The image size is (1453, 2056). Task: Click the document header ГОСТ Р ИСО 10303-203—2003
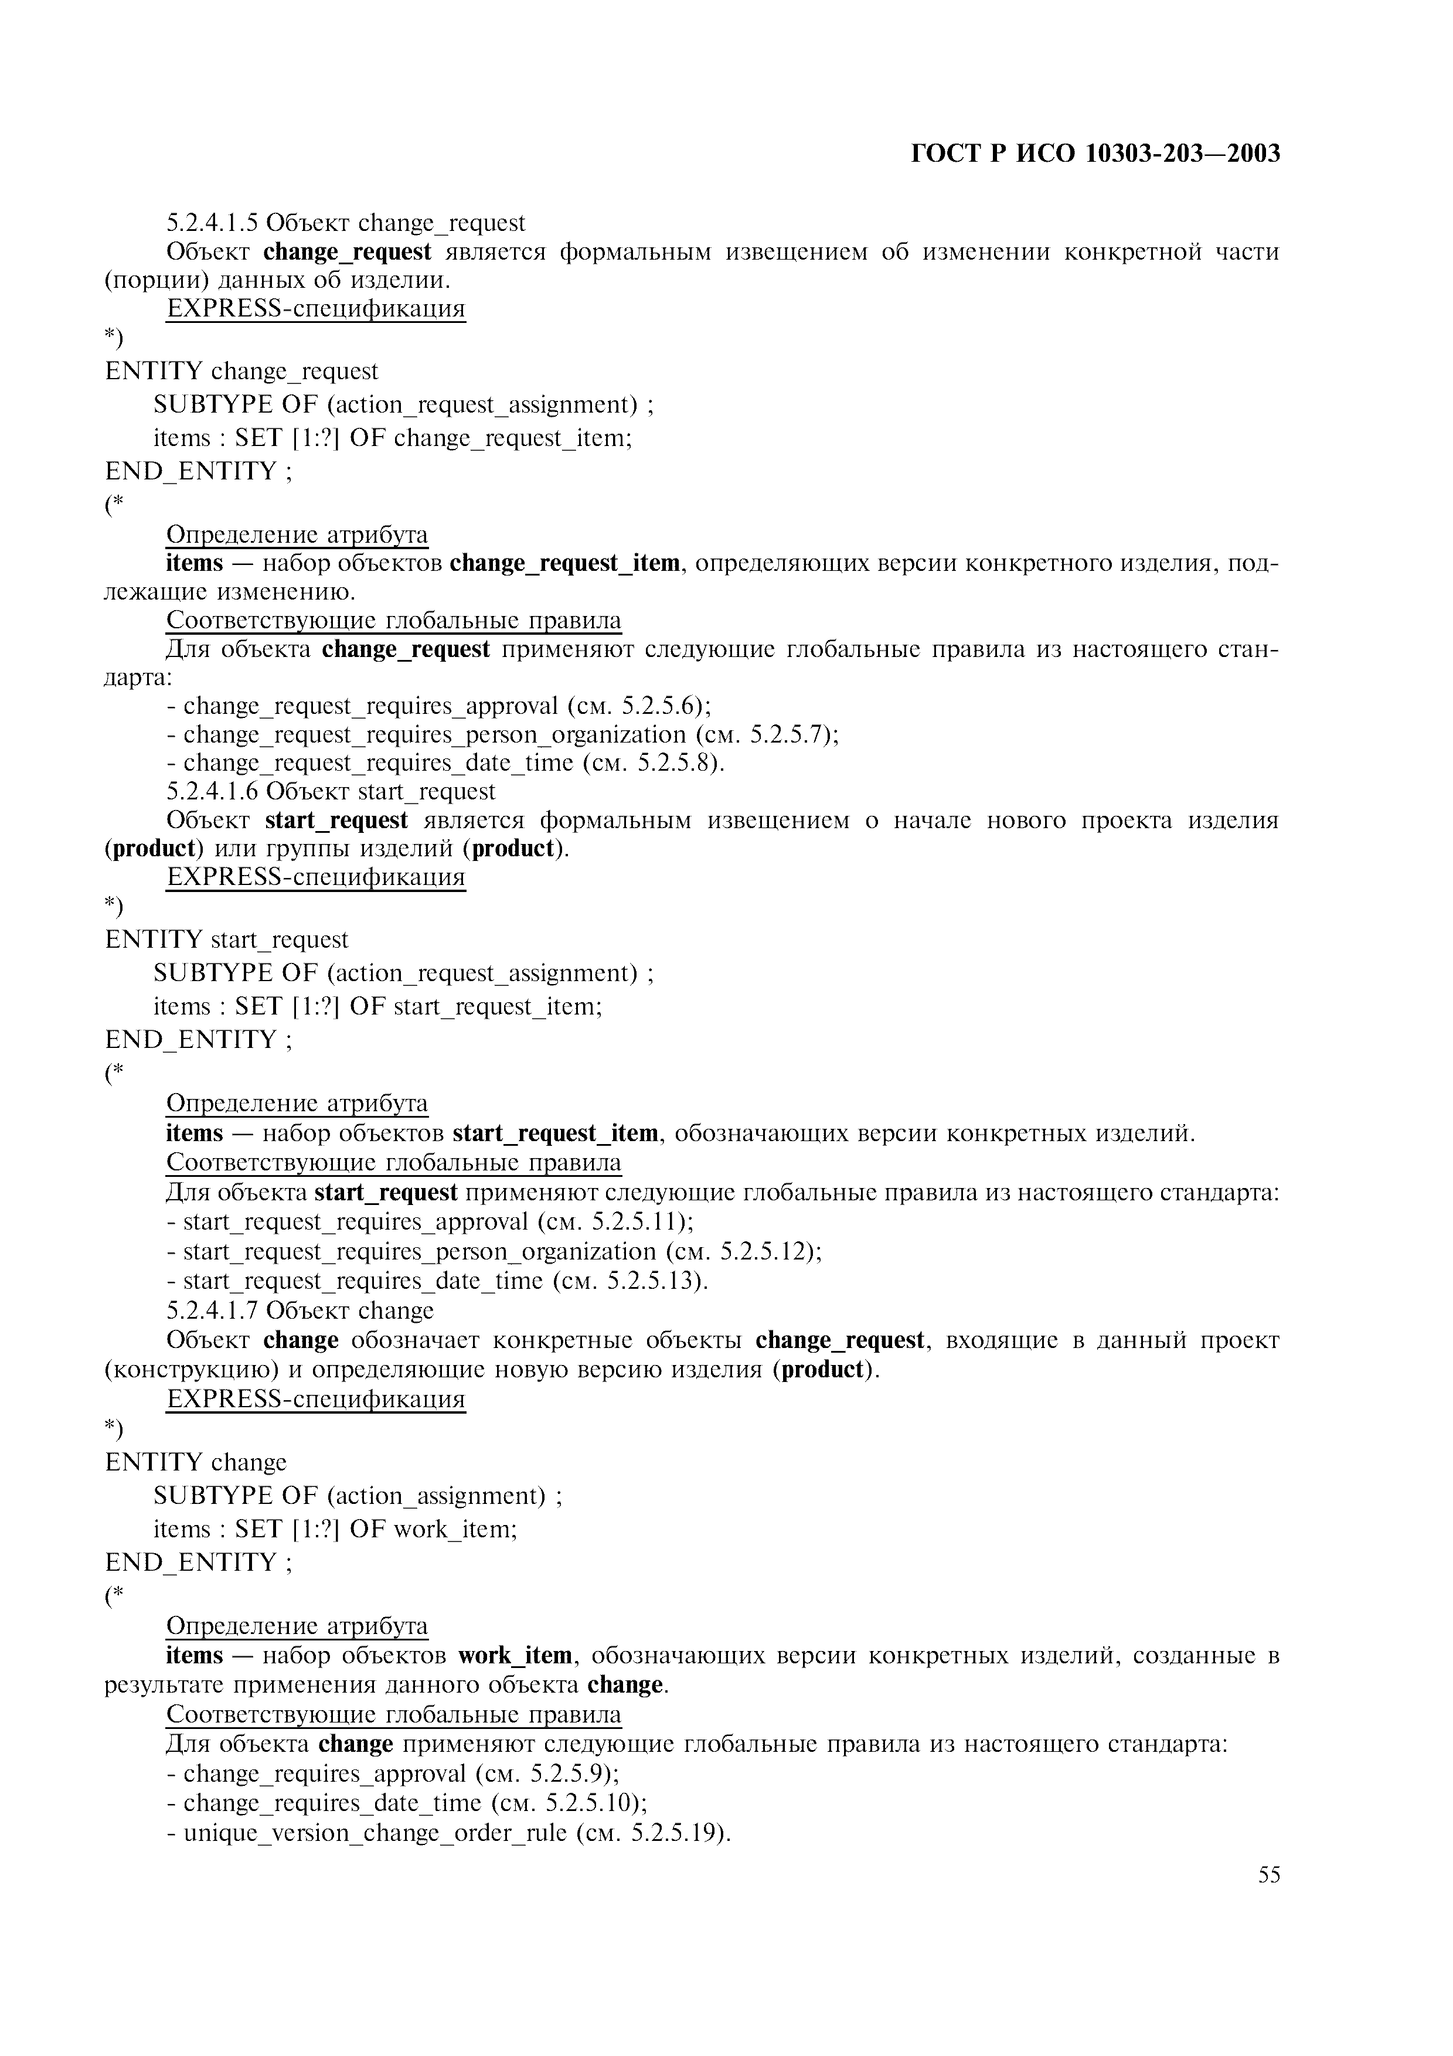[1095, 154]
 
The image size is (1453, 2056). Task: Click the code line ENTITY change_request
[241, 372]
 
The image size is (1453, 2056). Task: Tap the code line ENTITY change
[196, 1462]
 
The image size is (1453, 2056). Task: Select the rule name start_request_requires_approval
[355, 1223]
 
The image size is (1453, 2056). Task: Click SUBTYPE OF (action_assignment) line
[358, 1496]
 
